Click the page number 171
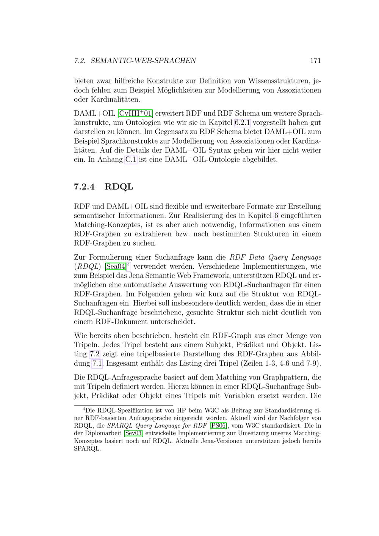[315, 61]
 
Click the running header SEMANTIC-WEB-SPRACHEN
[143, 61]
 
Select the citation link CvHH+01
[135, 113]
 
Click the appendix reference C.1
[131, 160]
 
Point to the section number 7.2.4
[84, 187]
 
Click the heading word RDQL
[119, 187]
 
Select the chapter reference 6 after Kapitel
[276, 216]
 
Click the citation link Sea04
[115, 266]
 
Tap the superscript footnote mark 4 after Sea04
[129, 264]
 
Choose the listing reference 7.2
[94, 354]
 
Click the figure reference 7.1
[97, 364]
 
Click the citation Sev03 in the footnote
[133, 433]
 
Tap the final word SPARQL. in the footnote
[87, 449]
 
